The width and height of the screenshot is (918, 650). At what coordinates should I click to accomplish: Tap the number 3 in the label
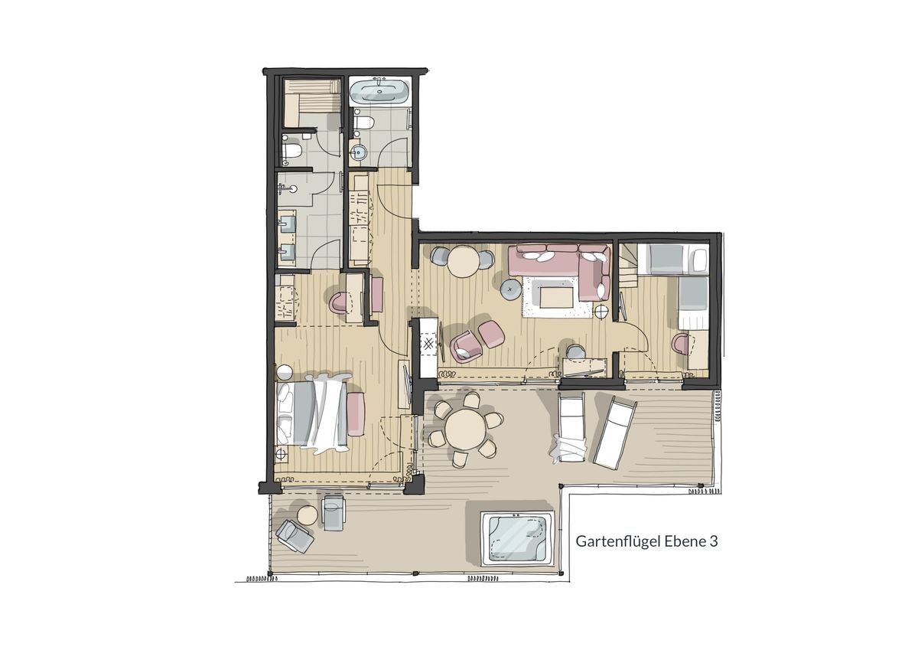[714, 542]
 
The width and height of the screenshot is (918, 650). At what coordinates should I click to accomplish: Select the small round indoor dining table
[463, 261]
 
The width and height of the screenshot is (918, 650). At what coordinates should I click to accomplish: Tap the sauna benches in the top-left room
[311, 103]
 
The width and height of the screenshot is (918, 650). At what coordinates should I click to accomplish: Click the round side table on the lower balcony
[306, 515]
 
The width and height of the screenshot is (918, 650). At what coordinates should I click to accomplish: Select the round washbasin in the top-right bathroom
[360, 152]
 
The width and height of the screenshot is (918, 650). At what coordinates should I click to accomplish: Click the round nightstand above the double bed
[284, 373]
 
